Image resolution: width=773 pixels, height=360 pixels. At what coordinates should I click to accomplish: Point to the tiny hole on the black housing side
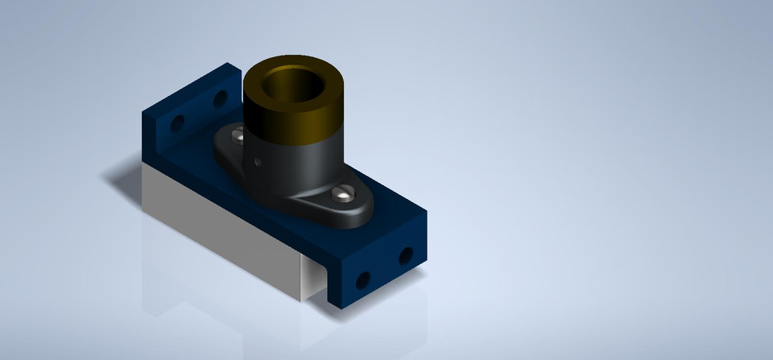coord(257,160)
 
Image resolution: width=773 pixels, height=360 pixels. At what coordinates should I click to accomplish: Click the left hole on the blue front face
coord(363,279)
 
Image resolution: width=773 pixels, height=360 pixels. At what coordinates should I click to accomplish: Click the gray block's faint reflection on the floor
coord(217,298)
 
